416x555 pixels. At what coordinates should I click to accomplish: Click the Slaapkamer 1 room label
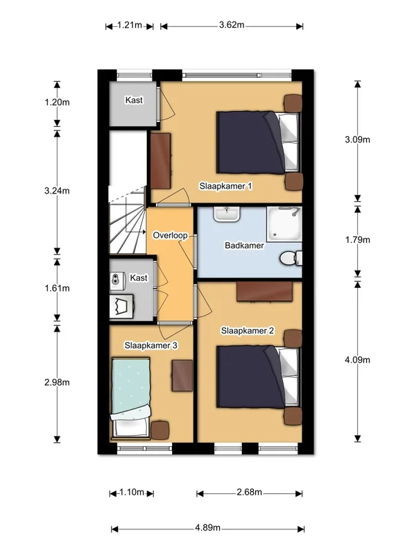click(226, 186)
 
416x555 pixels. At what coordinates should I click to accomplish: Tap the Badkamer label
click(244, 246)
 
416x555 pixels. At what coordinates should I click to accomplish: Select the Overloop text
click(170, 235)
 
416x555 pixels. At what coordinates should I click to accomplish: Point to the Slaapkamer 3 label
click(150, 345)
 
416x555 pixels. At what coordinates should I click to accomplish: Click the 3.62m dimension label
click(232, 25)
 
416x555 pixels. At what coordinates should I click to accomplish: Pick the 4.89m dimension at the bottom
click(207, 528)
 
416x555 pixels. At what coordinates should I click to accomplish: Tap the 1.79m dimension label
click(358, 239)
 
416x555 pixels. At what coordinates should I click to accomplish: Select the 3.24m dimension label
click(57, 191)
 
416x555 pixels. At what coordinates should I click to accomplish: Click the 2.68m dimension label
click(250, 492)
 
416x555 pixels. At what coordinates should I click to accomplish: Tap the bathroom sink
click(227, 214)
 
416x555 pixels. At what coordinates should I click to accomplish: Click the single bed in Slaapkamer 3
click(131, 398)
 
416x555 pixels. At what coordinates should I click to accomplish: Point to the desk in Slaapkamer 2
click(265, 291)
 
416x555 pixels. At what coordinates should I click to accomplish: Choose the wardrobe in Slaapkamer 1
click(161, 161)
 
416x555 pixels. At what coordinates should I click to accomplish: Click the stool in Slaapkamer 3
click(160, 430)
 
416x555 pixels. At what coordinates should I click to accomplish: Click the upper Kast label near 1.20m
click(134, 100)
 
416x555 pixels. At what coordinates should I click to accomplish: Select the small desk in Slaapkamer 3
click(182, 375)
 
